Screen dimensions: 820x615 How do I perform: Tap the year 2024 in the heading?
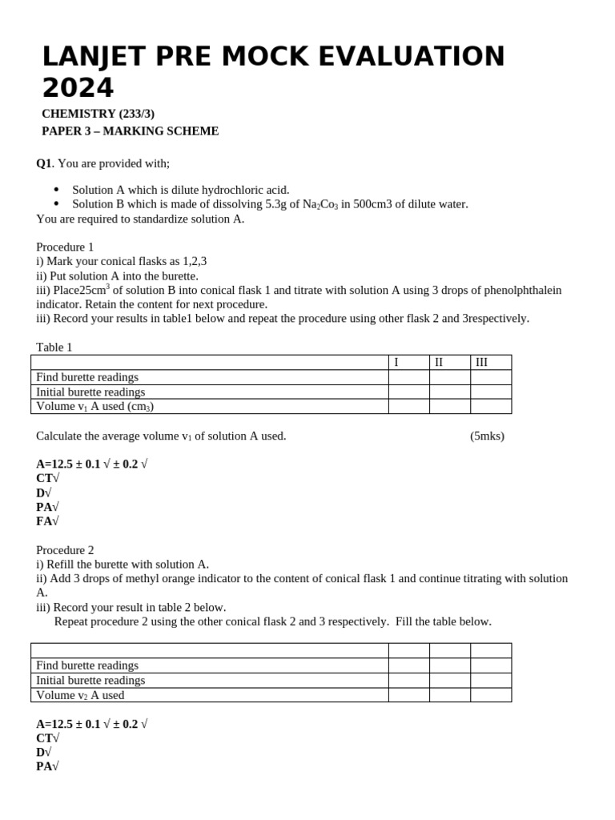pos(78,88)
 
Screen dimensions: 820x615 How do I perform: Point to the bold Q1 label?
pos(43,163)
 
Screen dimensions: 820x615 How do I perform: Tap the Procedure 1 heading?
pos(65,247)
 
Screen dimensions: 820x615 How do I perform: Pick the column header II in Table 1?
pos(439,363)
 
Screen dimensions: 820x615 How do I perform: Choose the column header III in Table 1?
pos(481,363)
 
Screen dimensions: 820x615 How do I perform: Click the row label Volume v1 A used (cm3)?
pos(94,406)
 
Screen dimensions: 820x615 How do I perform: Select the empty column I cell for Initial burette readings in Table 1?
pos(408,392)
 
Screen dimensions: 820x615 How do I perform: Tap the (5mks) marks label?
pos(487,436)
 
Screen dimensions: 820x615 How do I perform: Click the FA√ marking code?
pos(47,521)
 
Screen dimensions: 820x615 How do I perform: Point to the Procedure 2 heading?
pos(65,550)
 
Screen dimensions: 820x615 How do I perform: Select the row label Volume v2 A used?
pos(80,695)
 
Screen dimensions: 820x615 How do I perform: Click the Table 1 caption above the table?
pos(54,348)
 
